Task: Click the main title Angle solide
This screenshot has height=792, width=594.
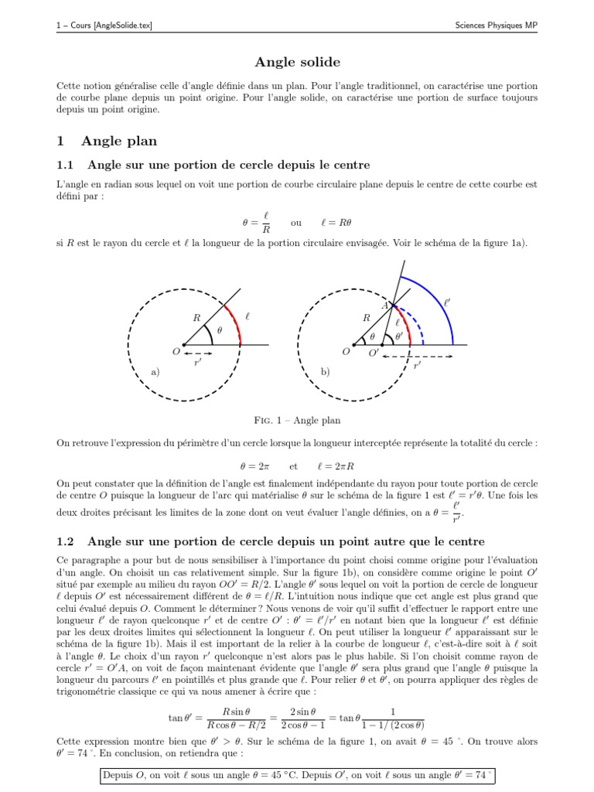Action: point(297,61)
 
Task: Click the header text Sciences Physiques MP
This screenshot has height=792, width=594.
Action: point(496,26)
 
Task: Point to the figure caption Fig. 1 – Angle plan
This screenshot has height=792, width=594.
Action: point(297,420)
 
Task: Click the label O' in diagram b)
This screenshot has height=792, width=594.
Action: point(374,353)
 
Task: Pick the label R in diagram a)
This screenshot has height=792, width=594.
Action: point(196,317)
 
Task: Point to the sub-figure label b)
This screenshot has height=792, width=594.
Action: point(325,372)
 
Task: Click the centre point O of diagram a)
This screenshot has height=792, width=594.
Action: point(183,344)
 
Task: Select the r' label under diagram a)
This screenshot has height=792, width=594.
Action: point(199,362)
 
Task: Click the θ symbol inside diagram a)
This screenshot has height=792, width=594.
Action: point(219,330)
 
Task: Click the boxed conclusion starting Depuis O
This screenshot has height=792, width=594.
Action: point(297,775)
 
